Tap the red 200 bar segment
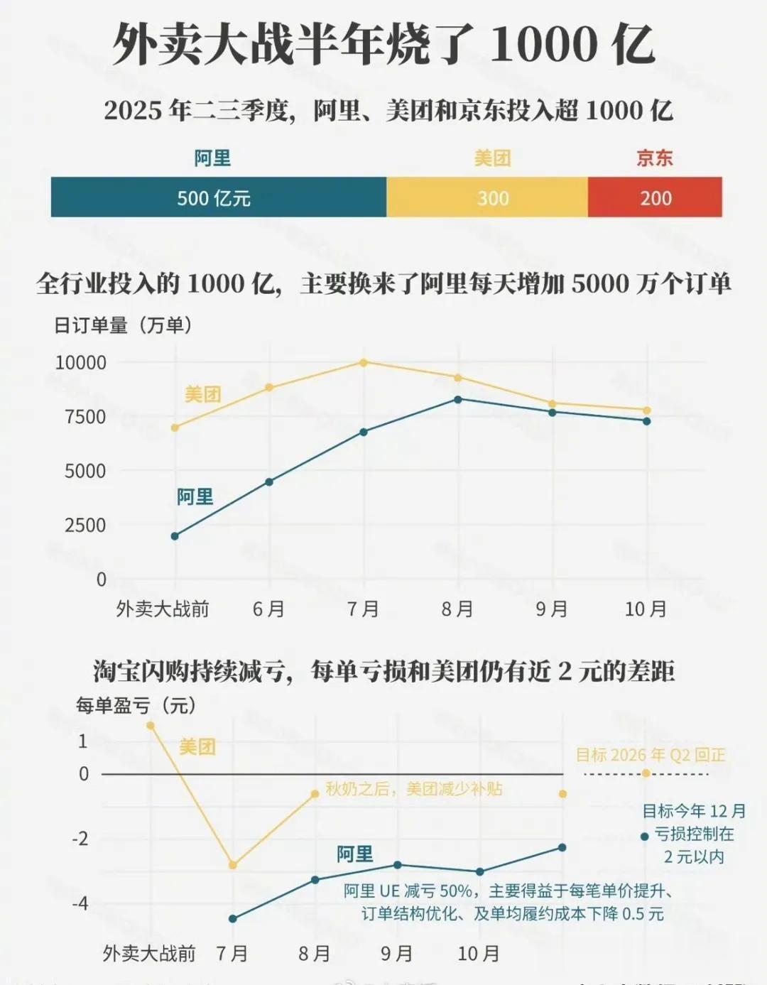tap(655, 197)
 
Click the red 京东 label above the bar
tap(654, 158)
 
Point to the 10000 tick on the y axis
tap(81, 363)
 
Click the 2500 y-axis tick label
tap(85, 526)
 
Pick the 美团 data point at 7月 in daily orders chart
tap(364, 362)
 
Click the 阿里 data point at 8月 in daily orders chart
tap(458, 400)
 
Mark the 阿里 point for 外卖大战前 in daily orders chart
tap(175, 536)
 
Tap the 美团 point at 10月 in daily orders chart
tap(647, 410)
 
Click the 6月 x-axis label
tap(269, 609)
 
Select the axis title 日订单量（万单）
tap(123, 325)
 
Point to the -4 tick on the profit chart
tap(80, 903)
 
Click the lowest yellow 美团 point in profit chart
tap(233, 865)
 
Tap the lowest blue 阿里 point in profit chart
tap(233, 919)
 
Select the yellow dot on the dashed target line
tap(646, 773)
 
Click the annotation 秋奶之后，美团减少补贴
tap(414, 789)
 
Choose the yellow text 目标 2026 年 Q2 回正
tap(650, 755)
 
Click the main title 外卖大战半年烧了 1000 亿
tap(383, 44)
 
